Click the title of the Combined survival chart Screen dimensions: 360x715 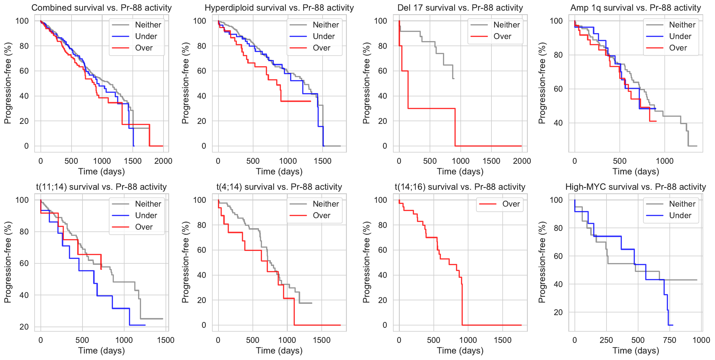pyautogui.click(x=101, y=8)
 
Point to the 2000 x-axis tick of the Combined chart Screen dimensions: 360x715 pyautogui.click(x=163, y=161)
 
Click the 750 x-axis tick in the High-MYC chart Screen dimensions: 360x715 pyautogui.click(x=669, y=340)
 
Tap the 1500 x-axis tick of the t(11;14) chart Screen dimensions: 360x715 pyautogui.click(x=166, y=340)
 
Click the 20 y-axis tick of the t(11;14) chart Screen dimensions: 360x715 pyautogui.click(x=24, y=327)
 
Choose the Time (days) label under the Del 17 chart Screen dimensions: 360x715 pyautogui.click(x=460, y=171)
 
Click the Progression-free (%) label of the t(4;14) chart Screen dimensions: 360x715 pyautogui.click(x=185, y=262)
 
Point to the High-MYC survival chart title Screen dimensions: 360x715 pyautogui.click(x=635, y=187)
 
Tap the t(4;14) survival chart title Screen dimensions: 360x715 pyautogui.click(x=279, y=187)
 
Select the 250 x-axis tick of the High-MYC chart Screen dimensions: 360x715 pyautogui.click(x=606, y=340)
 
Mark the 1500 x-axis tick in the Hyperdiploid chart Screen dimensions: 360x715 pyautogui.click(x=323, y=161)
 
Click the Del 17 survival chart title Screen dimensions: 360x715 pyautogui.click(x=460, y=8)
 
